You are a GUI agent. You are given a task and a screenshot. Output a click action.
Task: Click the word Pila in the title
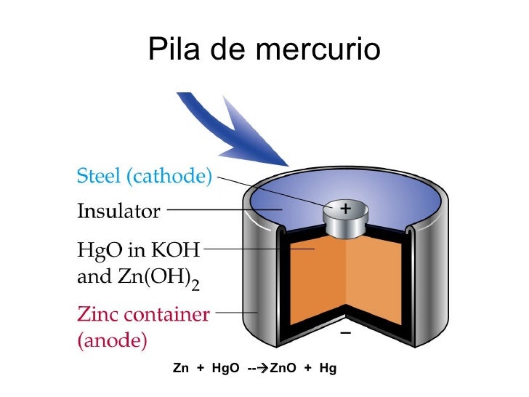pos(171,49)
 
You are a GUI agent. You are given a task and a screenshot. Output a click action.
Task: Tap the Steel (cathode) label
pos(145,175)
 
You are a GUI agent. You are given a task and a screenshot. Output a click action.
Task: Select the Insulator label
pos(118,212)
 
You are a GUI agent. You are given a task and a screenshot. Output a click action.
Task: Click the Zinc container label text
pos(143,315)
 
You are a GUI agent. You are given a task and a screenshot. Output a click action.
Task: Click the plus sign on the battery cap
pos(345,209)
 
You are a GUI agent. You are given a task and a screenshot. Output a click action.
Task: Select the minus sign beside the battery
pos(344,334)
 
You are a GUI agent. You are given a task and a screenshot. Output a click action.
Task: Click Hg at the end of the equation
pos(328,369)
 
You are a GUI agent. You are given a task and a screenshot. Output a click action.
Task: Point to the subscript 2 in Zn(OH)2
pos(195,286)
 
